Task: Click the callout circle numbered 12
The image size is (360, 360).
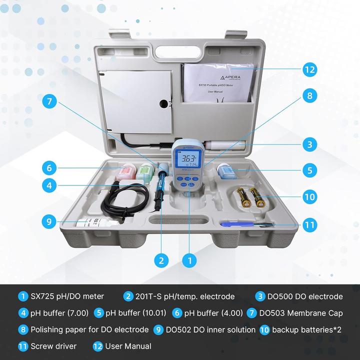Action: point(310,69)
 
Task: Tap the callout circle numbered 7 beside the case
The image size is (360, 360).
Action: point(49,101)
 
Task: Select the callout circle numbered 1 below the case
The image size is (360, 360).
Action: point(188,260)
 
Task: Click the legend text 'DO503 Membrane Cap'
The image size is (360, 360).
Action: point(301,313)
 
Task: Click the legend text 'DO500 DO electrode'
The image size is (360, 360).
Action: point(305,296)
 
